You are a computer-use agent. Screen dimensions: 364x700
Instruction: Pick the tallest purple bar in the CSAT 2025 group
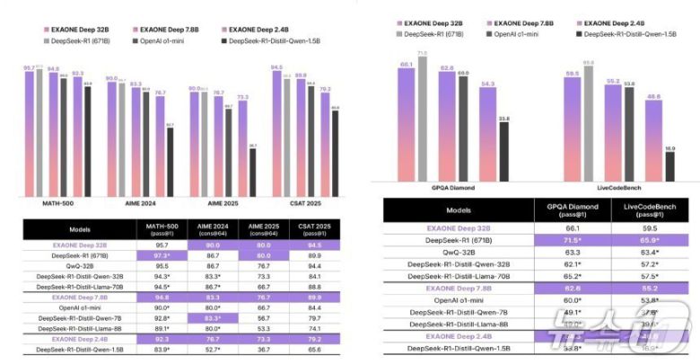click(276, 131)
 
